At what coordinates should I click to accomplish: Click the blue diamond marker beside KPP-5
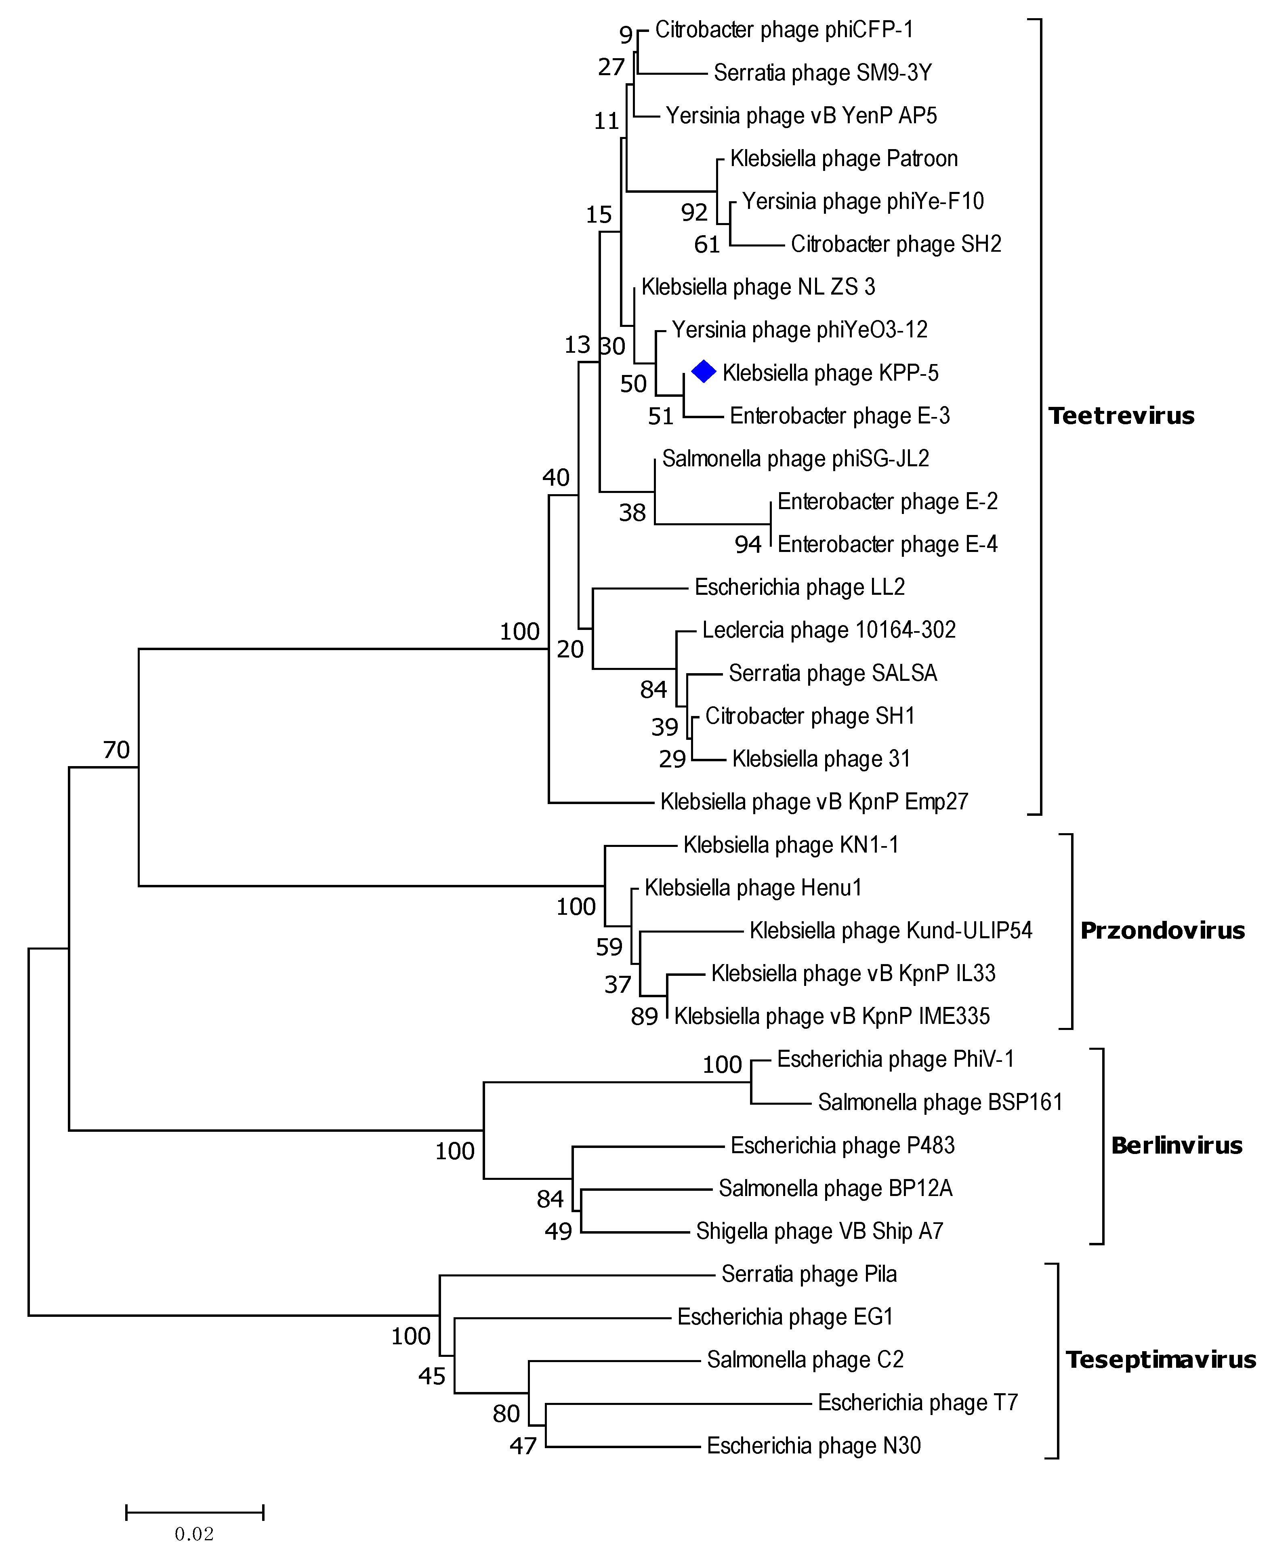pos(703,372)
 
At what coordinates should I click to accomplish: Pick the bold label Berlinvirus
pos(1176,1146)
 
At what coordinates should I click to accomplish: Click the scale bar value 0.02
pos(194,1534)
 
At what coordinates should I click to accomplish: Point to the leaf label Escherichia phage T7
pos(917,1402)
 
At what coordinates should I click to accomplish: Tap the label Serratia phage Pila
pos(809,1274)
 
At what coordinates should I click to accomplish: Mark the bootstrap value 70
pos(116,750)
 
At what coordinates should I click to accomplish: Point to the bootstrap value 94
pos(748,544)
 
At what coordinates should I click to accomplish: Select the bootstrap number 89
pos(644,1017)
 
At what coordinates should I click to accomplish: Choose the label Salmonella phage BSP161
pos(939,1102)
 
